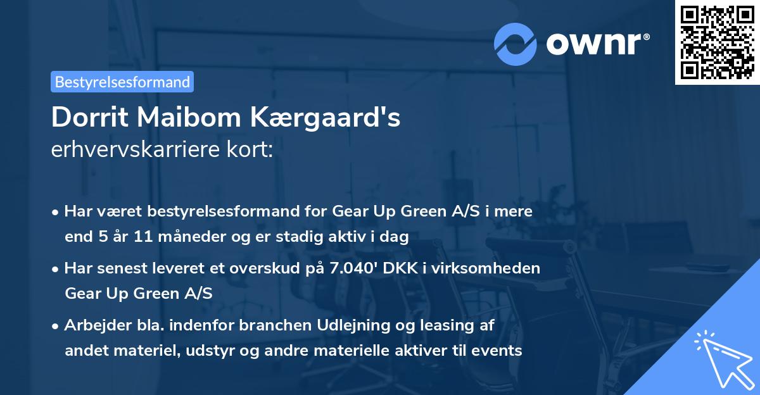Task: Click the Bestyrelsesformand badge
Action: [x=122, y=82]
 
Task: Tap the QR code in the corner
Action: [x=717, y=42]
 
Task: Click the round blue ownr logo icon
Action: [x=516, y=44]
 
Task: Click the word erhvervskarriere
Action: [x=136, y=150]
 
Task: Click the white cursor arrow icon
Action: [x=721, y=358]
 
